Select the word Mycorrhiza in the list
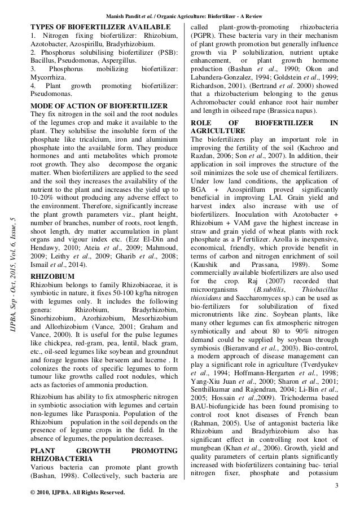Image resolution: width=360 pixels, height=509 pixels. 48,78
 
